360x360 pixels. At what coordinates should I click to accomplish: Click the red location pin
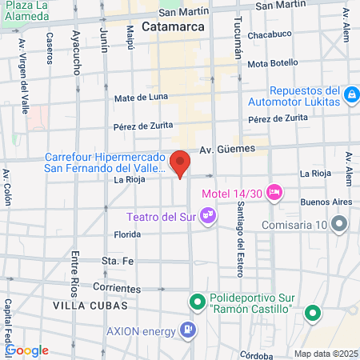coord(181,163)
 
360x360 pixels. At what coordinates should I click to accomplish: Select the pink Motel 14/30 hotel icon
coord(274,192)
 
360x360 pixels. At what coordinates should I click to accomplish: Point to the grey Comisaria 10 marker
coord(340,224)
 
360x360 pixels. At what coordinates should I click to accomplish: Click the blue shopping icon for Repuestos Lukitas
coord(350,96)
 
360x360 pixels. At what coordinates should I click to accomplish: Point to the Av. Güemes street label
coord(226,149)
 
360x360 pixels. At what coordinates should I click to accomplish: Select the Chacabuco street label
coord(269,34)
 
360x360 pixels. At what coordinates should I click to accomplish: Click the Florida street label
coord(127,235)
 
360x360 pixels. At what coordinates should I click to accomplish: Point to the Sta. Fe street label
coord(117,261)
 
